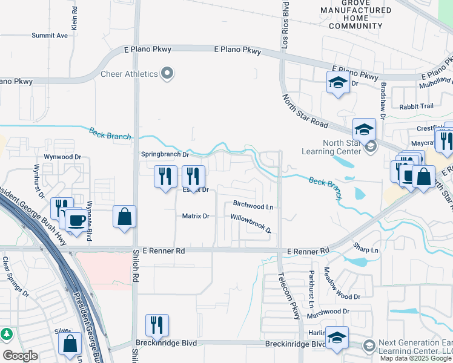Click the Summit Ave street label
[50, 36]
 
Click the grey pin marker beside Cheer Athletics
[168, 74]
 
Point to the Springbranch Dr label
[165, 154]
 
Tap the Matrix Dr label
[196, 216]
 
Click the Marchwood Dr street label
[328, 312]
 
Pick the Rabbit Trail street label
[416, 106]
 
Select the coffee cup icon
[76, 220]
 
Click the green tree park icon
[6, 334]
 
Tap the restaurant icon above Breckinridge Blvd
[157, 325]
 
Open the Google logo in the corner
[20, 356]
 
